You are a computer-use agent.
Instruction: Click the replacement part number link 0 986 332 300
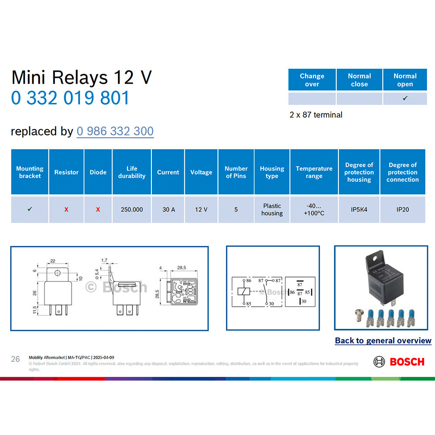point(115,131)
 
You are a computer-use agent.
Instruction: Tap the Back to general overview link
point(383,341)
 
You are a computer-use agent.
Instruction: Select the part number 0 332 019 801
point(70,98)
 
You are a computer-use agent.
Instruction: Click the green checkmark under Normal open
point(405,98)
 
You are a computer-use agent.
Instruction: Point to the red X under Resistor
point(66,210)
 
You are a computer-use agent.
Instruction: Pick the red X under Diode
point(98,210)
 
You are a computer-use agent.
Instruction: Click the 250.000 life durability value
point(131,210)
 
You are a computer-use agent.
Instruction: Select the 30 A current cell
point(168,210)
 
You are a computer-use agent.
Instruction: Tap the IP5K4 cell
point(359,210)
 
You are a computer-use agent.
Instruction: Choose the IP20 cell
point(402,210)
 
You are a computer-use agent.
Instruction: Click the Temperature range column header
point(314,172)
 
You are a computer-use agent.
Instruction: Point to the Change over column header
point(312,80)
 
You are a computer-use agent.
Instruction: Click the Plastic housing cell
point(272,210)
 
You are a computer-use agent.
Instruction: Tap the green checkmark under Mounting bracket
point(30,209)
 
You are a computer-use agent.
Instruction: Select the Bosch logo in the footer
point(398,361)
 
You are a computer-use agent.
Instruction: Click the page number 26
point(15,359)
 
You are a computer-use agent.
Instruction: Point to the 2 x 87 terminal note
point(316,115)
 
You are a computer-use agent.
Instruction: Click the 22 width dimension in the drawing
point(53,261)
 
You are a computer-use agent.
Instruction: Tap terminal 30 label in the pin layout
point(303,301)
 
